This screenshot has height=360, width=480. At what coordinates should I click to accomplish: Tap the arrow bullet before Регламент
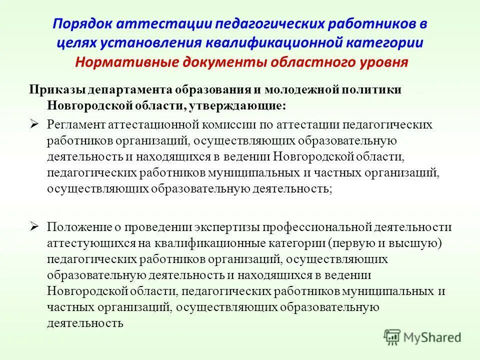pyautogui.click(x=34, y=123)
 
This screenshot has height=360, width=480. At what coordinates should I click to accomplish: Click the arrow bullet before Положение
pyautogui.click(x=34, y=226)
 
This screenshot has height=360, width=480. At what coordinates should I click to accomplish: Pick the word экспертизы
pyautogui.click(x=220, y=227)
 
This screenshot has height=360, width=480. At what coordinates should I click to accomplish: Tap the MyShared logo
pyautogui.click(x=423, y=336)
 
